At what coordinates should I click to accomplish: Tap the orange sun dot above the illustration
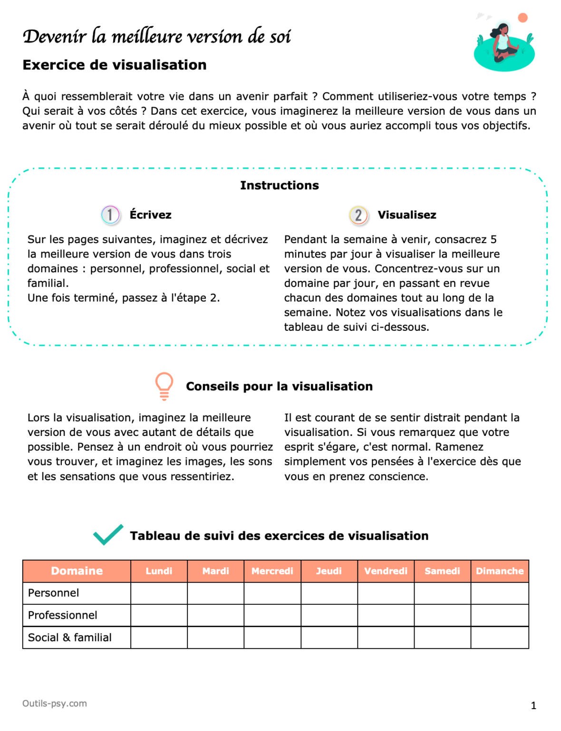(522, 18)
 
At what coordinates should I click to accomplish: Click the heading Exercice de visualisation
(115, 65)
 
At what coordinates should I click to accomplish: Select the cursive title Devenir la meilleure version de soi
(157, 36)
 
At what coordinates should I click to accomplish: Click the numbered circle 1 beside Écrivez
(110, 215)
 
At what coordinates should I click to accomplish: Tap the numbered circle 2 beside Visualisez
(358, 215)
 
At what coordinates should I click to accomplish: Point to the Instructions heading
(279, 185)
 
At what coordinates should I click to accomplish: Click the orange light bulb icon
(164, 385)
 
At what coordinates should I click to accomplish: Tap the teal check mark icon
(108, 534)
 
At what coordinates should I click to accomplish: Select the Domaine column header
(77, 571)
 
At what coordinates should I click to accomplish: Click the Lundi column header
(159, 571)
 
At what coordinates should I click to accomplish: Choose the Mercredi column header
(272, 571)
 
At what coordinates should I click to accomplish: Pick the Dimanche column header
(499, 571)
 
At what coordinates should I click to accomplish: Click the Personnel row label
(54, 593)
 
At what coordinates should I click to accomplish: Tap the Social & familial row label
(70, 638)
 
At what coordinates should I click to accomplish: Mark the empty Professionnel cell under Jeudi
(329, 615)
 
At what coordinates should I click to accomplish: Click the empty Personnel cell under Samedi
(442, 593)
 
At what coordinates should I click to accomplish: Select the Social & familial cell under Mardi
(215, 638)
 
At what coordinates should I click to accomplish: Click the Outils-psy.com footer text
(55, 703)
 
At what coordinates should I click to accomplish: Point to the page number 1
(533, 705)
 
